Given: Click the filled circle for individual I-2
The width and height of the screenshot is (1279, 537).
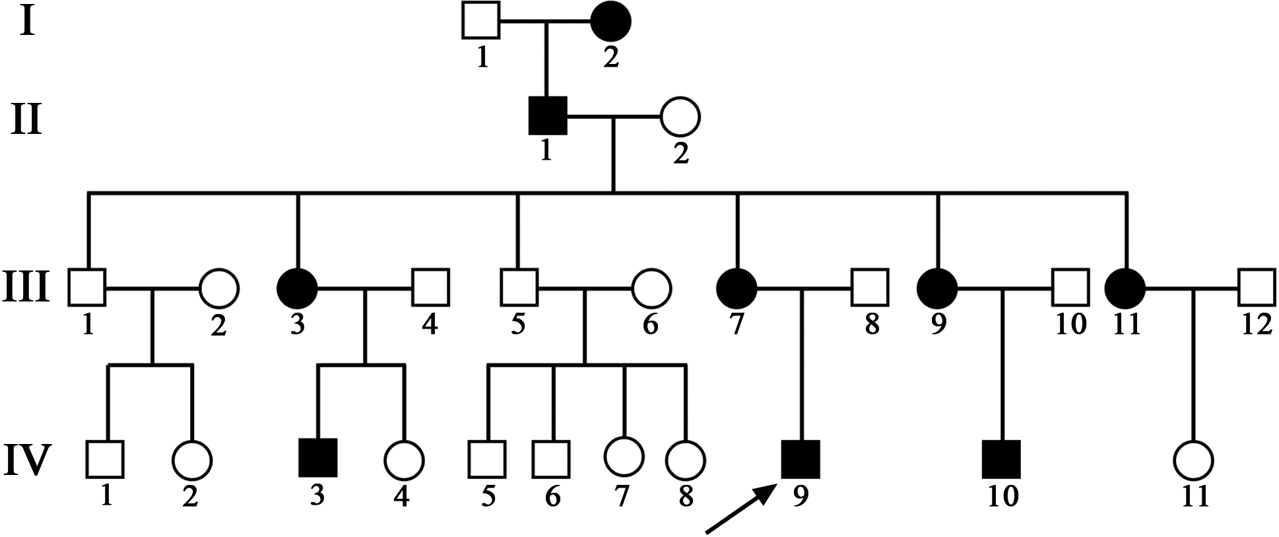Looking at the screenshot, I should coord(610,22).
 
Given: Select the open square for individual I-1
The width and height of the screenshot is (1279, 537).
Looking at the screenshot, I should coord(481,22).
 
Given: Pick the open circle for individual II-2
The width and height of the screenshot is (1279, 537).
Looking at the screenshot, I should coord(680,117).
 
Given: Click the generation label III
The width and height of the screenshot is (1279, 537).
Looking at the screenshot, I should coord(26,289).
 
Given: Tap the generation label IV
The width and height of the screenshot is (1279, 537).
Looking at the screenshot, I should coord(27,459).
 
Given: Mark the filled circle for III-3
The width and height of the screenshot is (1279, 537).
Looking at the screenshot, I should coord(298,288).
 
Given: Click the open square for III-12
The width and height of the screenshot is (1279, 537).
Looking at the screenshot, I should coord(1256,288).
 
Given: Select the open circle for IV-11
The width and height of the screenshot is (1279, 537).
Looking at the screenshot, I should coord(1194,459).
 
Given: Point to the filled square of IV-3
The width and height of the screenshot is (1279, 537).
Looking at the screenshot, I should coord(318,458).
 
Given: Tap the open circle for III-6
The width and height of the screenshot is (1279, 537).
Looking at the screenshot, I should coord(651,288).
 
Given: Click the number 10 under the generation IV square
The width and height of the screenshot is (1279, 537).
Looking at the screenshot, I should coord(1002,495).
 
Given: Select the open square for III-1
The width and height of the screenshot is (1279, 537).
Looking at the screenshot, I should coord(87,288).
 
